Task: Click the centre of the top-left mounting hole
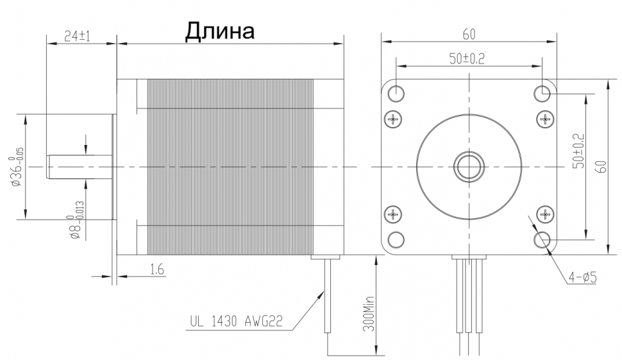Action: pyautogui.click(x=396, y=94)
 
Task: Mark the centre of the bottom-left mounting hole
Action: pyautogui.click(x=396, y=240)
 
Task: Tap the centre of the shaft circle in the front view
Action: pyautogui.click(x=469, y=167)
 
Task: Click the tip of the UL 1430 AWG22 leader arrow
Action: pyautogui.click(x=324, y=291)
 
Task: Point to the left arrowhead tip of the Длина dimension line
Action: pyautogui.click(x=117, y=43)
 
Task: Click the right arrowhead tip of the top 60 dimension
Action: pyautogui.click(x=556, y=41)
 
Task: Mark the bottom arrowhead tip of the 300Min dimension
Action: pyautogui.click(x=375, y=355)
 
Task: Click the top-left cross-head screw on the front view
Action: pyautogui.click(x=394, y=119)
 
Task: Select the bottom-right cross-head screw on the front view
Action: pyautogui.click(x=545, y=215)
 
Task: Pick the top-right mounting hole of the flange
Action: pyautogui.click(x=542, y=94)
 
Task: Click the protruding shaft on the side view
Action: pyautogui.click(x=80, y=167)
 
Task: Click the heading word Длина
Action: pyautogui.click(x=220, y=31)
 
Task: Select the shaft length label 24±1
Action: pyautogui.click(x=78, y=37)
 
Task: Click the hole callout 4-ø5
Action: pyautogui.click(x=583, y=277)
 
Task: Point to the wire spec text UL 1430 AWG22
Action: pyautogui.click(x=237, y=321)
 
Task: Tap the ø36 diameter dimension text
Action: pyautogui.click(x=18, y=167)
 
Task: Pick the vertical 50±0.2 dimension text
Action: pyautogui.click(x=579, y=151)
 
